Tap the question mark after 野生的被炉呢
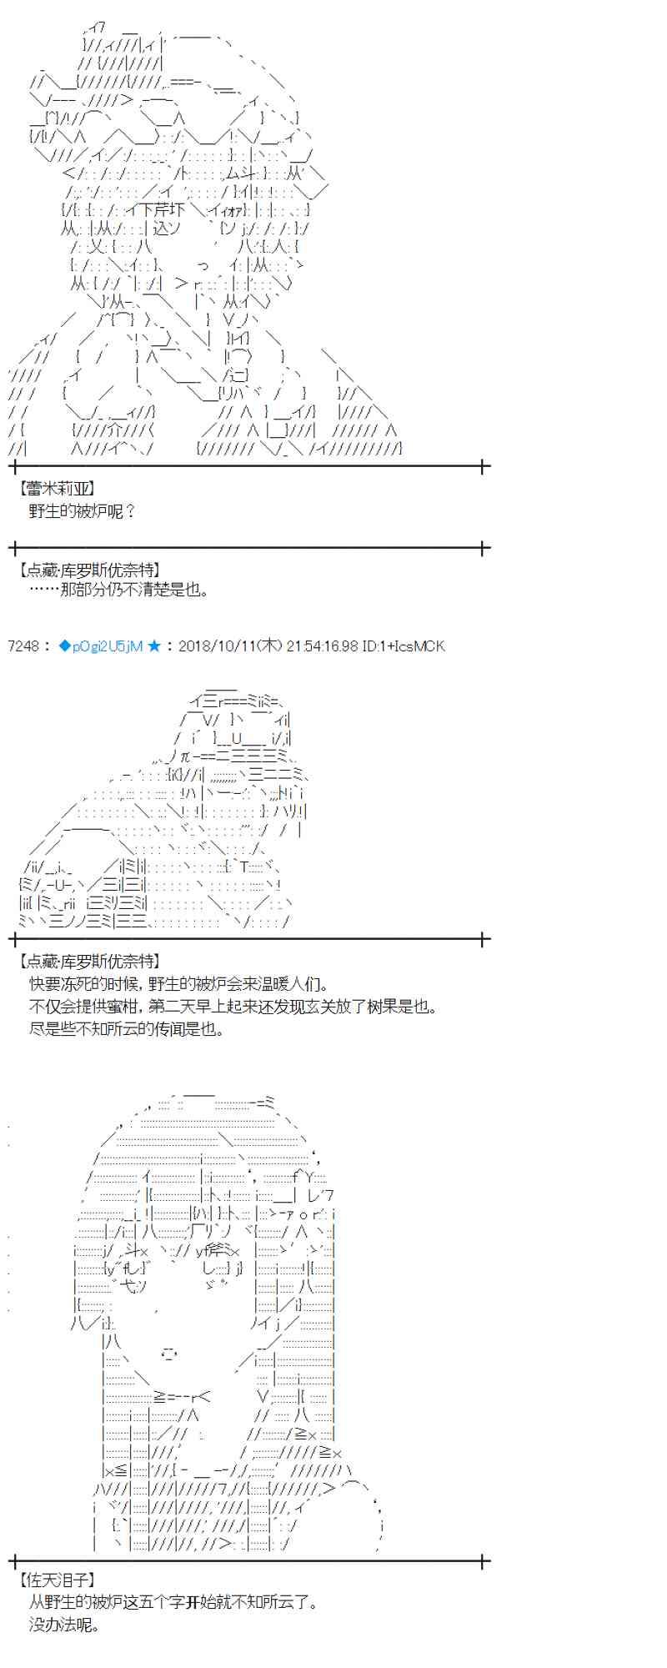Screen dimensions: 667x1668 pyautogui.click(x=129, y=511)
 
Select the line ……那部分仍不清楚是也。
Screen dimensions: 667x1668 pyautogui.click(x=118, y=590)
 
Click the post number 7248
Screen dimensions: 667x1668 pyautogui.click(x=23, y=646)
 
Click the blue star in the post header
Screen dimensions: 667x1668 pyautogui.click(x=153, y=646)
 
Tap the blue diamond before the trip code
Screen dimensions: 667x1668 pyautogui.click(x=64, y=646)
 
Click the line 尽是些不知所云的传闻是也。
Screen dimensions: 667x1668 pyautogui.click(x=126, y=1029)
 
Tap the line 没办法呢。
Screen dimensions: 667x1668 pyautogui.click(x=64, y=1625)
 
